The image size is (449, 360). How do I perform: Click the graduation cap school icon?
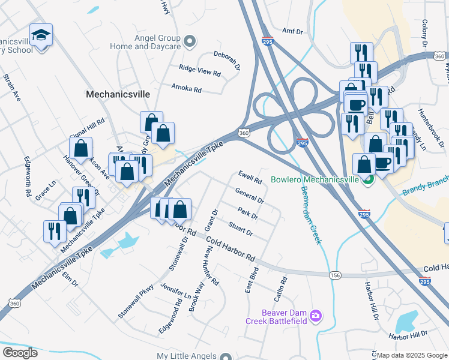point(41,36)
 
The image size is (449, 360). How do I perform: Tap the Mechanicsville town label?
point(117,94)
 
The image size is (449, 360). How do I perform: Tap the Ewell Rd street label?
point(250,177)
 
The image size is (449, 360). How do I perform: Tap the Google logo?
point(20,353)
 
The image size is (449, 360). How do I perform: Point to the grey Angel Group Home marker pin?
point(190,41)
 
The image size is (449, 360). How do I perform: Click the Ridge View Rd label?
point(200,70)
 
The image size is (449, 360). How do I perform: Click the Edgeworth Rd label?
point(27,177)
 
